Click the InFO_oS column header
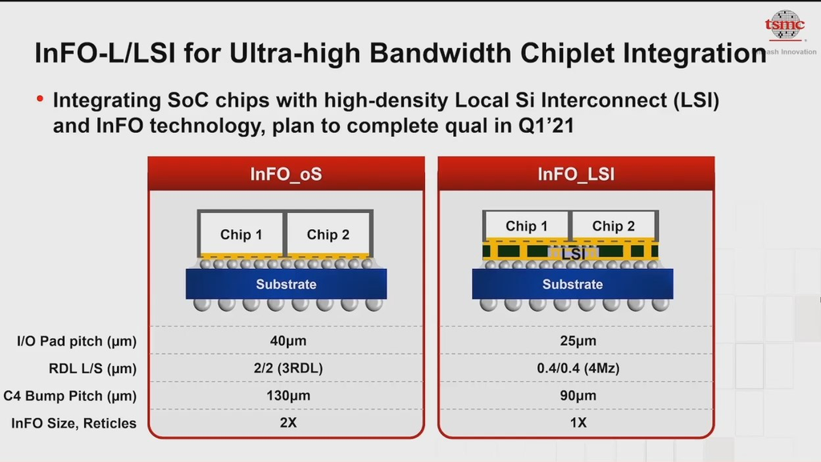pos(286,174)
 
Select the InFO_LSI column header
pos(576,174)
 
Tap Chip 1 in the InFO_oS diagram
pos(241,234)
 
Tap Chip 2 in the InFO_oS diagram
pos(328,234)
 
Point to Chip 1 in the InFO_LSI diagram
pos(527,226)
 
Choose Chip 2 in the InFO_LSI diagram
pos(613,226)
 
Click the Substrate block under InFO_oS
pos(286,284)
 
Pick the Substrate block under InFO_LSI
pos(572,284)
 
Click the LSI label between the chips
pos(573,253)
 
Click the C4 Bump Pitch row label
pos(71,396)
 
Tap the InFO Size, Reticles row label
pos(74,423)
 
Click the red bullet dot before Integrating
pos(40,99)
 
